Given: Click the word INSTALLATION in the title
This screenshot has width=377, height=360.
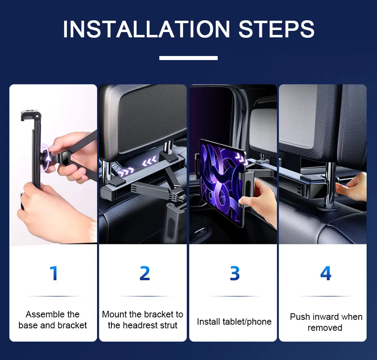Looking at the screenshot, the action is coord(146,29).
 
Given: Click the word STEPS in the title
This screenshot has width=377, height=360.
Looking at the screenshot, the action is coord(276,29).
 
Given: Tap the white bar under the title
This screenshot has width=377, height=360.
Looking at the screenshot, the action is coord(188,58).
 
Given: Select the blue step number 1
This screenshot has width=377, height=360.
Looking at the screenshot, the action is coord(54,273).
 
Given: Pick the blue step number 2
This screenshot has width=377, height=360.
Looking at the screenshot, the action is coord(145,273).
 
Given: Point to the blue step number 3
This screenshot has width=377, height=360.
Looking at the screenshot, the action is coord(235,273).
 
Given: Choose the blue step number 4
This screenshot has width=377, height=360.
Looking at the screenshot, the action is coord(326,273).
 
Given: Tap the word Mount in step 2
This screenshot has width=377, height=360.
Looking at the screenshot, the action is coord(114,314).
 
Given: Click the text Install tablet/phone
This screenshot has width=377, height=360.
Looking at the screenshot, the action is coord(234,322).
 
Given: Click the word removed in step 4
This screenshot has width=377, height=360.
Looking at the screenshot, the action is coord(325,328).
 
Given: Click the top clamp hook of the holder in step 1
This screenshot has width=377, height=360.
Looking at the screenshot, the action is coord(30,116).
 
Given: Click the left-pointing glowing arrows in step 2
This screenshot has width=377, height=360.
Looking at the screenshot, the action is coord(150,161).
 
